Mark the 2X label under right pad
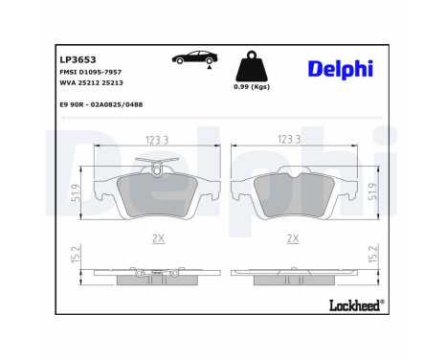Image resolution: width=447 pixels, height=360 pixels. [x=292, y=237]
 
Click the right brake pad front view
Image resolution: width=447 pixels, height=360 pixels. [x=292, y=196]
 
